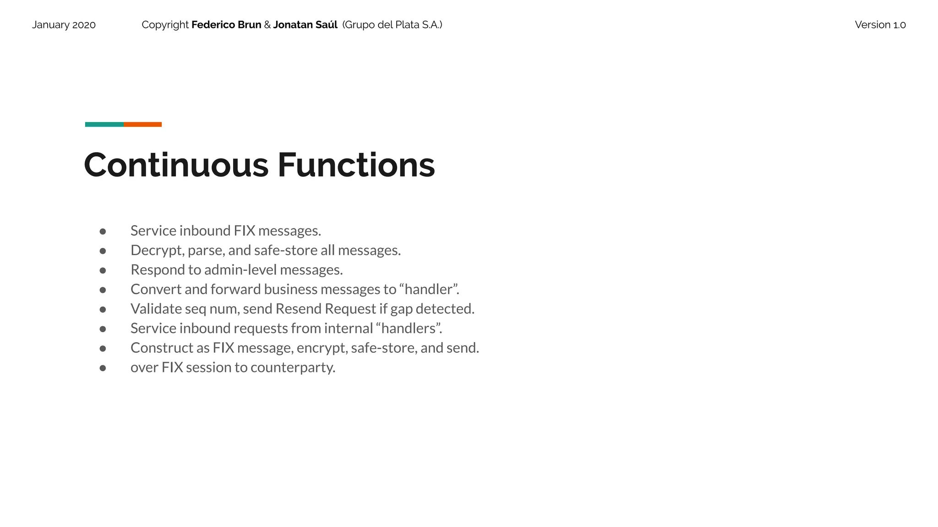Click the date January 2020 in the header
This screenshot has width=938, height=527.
pyautogui.click(x=64, y=25)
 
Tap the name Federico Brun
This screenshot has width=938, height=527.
pyautogui.click(x=226, y=25)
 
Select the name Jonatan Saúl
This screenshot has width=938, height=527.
pyautogui.click(x=305, y=25)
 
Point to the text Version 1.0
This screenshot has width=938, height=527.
pyautogui.click(x=880, y=25)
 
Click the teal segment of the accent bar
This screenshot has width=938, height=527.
pyautogui.click(x=104, y=124)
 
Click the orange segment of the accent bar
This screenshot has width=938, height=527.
pyautogui.click(x=142, y=124)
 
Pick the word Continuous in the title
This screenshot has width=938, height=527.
pyautogui.click(x=176, y=165)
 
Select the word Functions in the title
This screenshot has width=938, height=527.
pyautogui.click(x=356, y=165)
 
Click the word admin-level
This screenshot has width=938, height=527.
pyautogui.click(x=240, y=270)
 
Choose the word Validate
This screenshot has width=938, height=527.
pyautogui.click(x=156, y=309)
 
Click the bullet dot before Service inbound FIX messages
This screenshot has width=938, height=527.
pyautogui.click(x=103, y=231)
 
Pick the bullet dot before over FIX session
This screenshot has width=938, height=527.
pyautogui.click(x=103, y=368)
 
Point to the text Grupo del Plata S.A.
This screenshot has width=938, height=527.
pyautogui.click(x=392, y=25)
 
